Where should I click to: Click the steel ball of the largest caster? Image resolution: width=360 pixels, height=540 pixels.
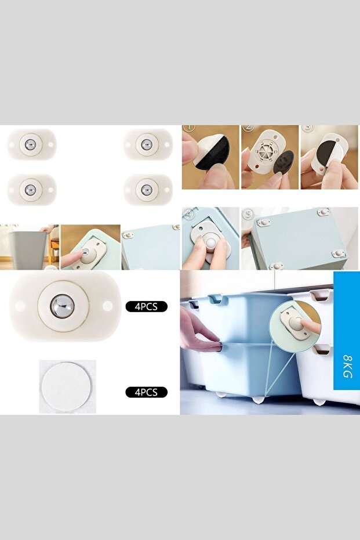point(63,305)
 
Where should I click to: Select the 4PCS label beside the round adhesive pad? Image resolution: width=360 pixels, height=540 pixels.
point(146,392)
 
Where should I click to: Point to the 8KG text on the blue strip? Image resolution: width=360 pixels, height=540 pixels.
point(347,367)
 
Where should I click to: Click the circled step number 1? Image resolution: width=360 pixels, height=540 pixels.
point(188,128)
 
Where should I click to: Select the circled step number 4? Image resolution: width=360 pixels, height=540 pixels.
point(188,213)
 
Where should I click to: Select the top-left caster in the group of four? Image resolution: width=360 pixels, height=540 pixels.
point(31,143)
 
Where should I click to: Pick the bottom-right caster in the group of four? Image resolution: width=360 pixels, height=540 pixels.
point(148,189)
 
